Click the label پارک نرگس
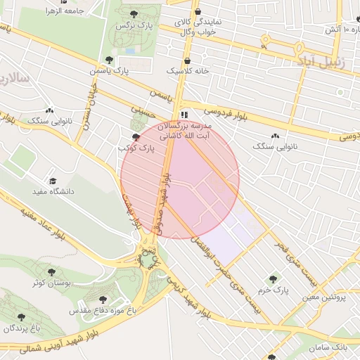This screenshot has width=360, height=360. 134,25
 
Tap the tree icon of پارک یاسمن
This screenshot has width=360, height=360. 108,60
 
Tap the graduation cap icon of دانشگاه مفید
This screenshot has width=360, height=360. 52,181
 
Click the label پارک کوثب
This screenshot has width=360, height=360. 136,148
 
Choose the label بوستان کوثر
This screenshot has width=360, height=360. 51,282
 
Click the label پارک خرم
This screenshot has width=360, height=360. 274,289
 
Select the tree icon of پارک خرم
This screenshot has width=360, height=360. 274,278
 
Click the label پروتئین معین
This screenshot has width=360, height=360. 325,297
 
